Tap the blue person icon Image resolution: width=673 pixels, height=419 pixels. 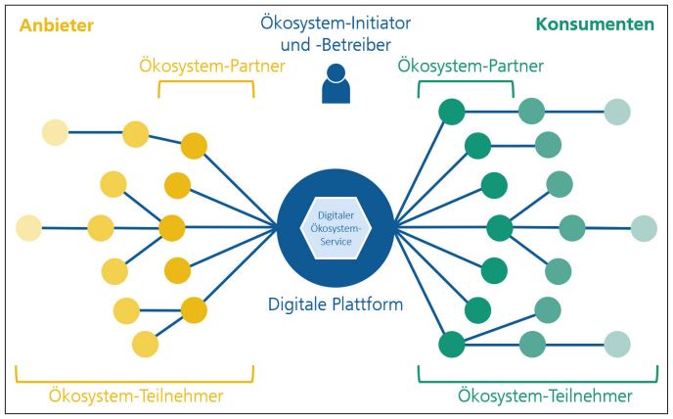click(x=336, y=83)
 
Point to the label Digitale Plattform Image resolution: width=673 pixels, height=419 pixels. click(x=336, y=305)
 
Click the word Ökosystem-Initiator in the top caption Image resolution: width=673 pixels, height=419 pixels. click(x=336, y=23)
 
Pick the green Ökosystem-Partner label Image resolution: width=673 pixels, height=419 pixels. click(x=471, y=67)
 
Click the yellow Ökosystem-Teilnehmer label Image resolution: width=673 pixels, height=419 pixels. click(x=135, y=396)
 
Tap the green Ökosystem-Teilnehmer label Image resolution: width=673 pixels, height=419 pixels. click(x=545, y=396)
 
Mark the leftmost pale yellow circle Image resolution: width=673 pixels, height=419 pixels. click(x=29, y=228)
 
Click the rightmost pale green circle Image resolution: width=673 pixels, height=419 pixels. click(x=643, y=229)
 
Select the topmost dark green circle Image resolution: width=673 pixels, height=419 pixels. click(x=451, y=112)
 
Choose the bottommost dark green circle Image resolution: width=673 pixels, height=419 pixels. click(x=451, y=345)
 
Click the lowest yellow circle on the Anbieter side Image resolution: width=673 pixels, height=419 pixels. click(x=145, y=345)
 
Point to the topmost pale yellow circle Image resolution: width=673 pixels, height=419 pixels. click(x=55, y=132)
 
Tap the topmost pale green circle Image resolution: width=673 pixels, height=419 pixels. click(x=617, y=112)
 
